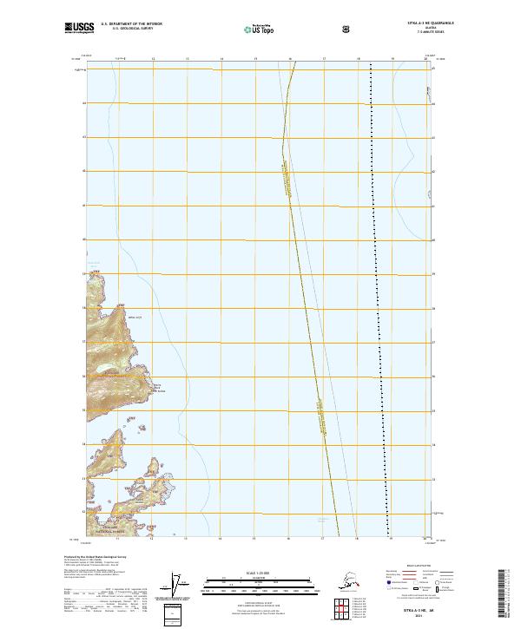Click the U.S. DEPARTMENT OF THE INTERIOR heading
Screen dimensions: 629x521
(x=131, y=24)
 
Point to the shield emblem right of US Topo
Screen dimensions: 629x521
(x=297, y=29)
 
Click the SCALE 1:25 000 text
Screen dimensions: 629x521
(x=260, y=571)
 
